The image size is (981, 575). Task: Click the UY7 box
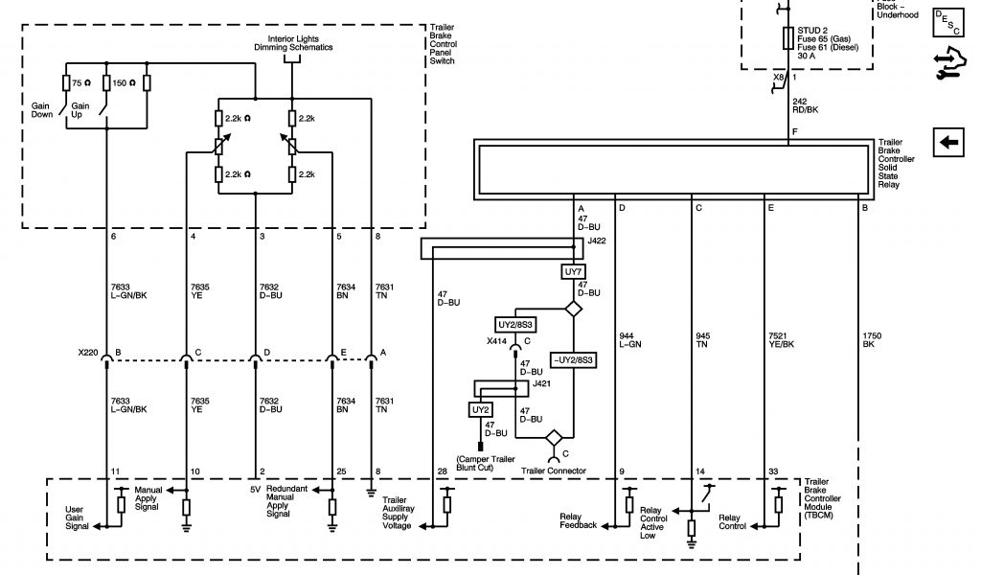coord(573,271)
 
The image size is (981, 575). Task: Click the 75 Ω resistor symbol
coord(66,83)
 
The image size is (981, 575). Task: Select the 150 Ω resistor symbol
coord(106,83)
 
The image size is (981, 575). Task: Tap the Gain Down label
coord(42,110)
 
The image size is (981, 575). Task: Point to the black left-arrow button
coord(948,142)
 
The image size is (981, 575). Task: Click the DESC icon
coord(947,23)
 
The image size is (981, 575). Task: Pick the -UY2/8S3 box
coord(573,360)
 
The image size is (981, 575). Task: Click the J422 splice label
coord(596,241)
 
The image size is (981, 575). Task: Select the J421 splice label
coord(541,383)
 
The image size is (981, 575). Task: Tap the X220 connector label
coord(87,353)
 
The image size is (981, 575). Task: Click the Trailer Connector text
coord(554,471)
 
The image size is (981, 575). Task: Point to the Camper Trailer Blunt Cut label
coord(486,464)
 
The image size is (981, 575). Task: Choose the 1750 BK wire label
coord(872,340)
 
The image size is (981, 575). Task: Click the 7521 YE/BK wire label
coord(781,340)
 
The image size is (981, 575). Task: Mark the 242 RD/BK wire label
coord(805,105)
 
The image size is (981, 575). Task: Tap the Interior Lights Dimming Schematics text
coord(293,43)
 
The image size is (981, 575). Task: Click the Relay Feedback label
coord(578,521)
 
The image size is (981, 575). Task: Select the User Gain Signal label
coord(77,518)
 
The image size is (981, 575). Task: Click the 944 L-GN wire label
coord(630,340)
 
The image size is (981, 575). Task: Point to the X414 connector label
coord(496,341)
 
